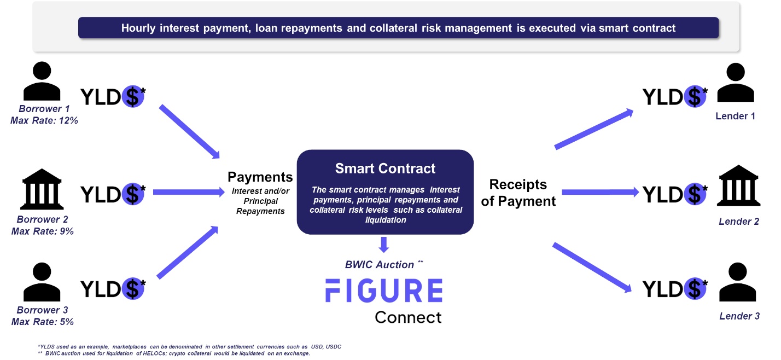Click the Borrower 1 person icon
click(x=42, y=81)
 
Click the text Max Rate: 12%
click(x=44, y=120)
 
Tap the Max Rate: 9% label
click(x=43, y=231)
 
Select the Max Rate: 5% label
click(x=43, y=322)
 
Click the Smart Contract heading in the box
click(x=385, y=168)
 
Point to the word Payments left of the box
click(x=260, y=177)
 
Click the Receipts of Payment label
click(x=518, y=193)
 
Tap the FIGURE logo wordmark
click(x=384, y=291)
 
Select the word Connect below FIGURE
click(x=407, y=317)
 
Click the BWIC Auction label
click(x=380, y=265)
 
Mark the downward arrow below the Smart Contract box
click(x=384, y=245)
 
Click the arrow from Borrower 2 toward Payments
click(x=189, y=192)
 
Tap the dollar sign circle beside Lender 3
click(x=692, y=289)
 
